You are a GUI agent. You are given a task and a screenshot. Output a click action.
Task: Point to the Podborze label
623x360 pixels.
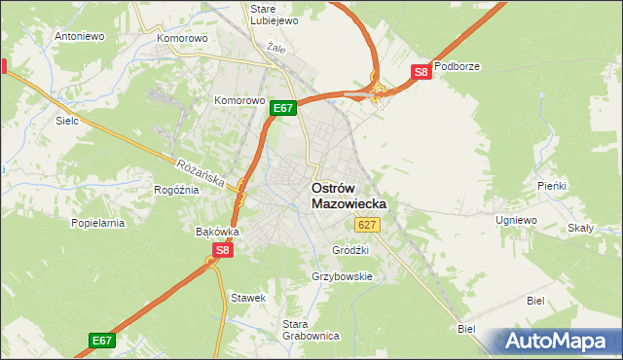click(458, 66)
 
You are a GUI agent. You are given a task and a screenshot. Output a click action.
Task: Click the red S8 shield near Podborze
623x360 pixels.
click(420, 72)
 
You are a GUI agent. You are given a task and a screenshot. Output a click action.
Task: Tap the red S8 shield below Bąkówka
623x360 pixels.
click(223, 250)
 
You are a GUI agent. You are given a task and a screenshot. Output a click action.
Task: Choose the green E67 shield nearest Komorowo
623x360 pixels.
click(283, 108)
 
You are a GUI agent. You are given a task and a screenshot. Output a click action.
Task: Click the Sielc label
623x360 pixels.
click(67, 122)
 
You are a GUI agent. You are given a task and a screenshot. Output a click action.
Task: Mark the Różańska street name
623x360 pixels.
click(202, 174)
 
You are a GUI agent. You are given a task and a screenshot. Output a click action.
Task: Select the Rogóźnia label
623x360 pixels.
click(176, 190)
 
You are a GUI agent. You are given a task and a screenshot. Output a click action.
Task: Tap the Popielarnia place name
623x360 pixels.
click(98, 223)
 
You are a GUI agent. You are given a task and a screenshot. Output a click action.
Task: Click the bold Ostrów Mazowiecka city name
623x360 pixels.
click(348, 196)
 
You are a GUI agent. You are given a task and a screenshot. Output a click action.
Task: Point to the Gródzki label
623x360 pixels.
click(350, 249)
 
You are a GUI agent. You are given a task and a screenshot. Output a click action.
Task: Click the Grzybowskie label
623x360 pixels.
click(342, 276)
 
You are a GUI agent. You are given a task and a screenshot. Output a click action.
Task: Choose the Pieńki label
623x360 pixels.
click(552, 185)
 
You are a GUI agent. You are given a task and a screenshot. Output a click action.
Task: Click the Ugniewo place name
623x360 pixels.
click(516, 221)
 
